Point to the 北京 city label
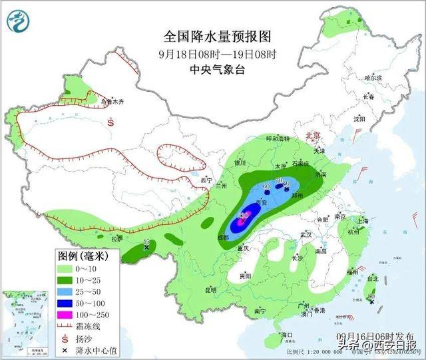[312, 135]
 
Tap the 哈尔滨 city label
[373, 78]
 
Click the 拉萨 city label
[116, 238]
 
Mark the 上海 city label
[362, 221]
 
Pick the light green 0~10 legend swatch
[67, 268]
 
